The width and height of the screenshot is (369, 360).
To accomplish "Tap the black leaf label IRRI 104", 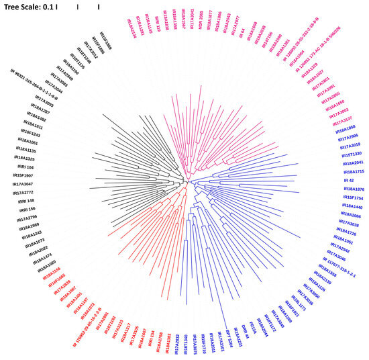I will pos(25,166).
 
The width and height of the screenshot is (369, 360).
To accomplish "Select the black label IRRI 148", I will pos(25,201).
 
